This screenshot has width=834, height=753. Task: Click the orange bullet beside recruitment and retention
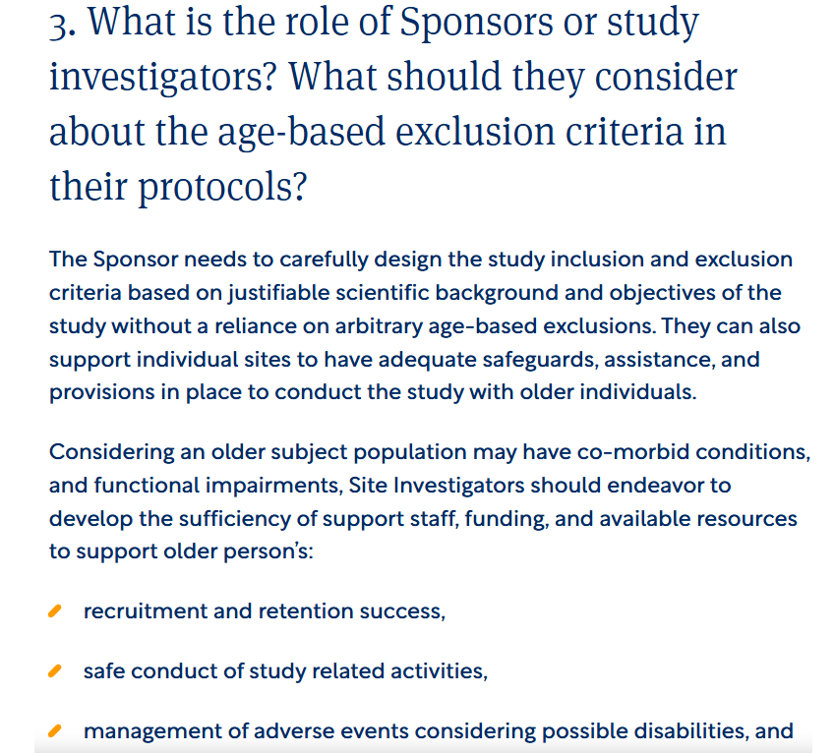[x=55, y=611]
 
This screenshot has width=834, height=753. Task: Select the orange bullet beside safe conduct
[x=55, y=671]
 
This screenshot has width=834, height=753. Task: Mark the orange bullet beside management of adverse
[x=55, y=731]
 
